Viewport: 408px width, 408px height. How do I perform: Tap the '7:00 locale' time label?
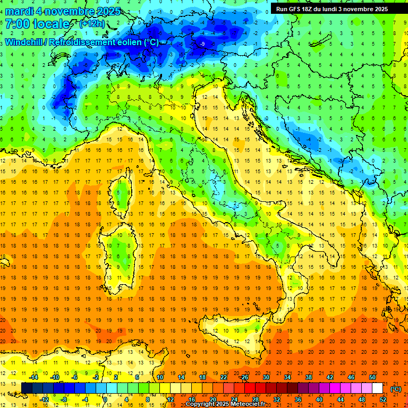(37, 24)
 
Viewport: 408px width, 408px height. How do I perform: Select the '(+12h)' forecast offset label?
(92, 24)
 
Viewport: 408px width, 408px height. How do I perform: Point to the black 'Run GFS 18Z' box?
(332, 8)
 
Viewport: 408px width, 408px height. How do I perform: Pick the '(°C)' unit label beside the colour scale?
(396, 388)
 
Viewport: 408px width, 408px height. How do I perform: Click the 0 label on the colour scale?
(105, 399)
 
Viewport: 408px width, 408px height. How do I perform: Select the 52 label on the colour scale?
(383, 399)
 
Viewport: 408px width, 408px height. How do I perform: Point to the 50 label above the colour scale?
(372, 377)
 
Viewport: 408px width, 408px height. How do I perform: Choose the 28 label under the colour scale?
(255, 399)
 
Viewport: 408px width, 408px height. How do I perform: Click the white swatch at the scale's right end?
(377, 388)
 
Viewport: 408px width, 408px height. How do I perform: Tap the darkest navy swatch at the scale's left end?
(27, 388)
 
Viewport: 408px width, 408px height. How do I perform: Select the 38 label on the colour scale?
(309, 377)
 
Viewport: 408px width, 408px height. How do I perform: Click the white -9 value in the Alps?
(202, 44)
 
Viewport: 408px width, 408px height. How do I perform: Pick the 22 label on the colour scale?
(224, 377)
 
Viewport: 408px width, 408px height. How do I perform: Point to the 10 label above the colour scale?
(160, 377)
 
